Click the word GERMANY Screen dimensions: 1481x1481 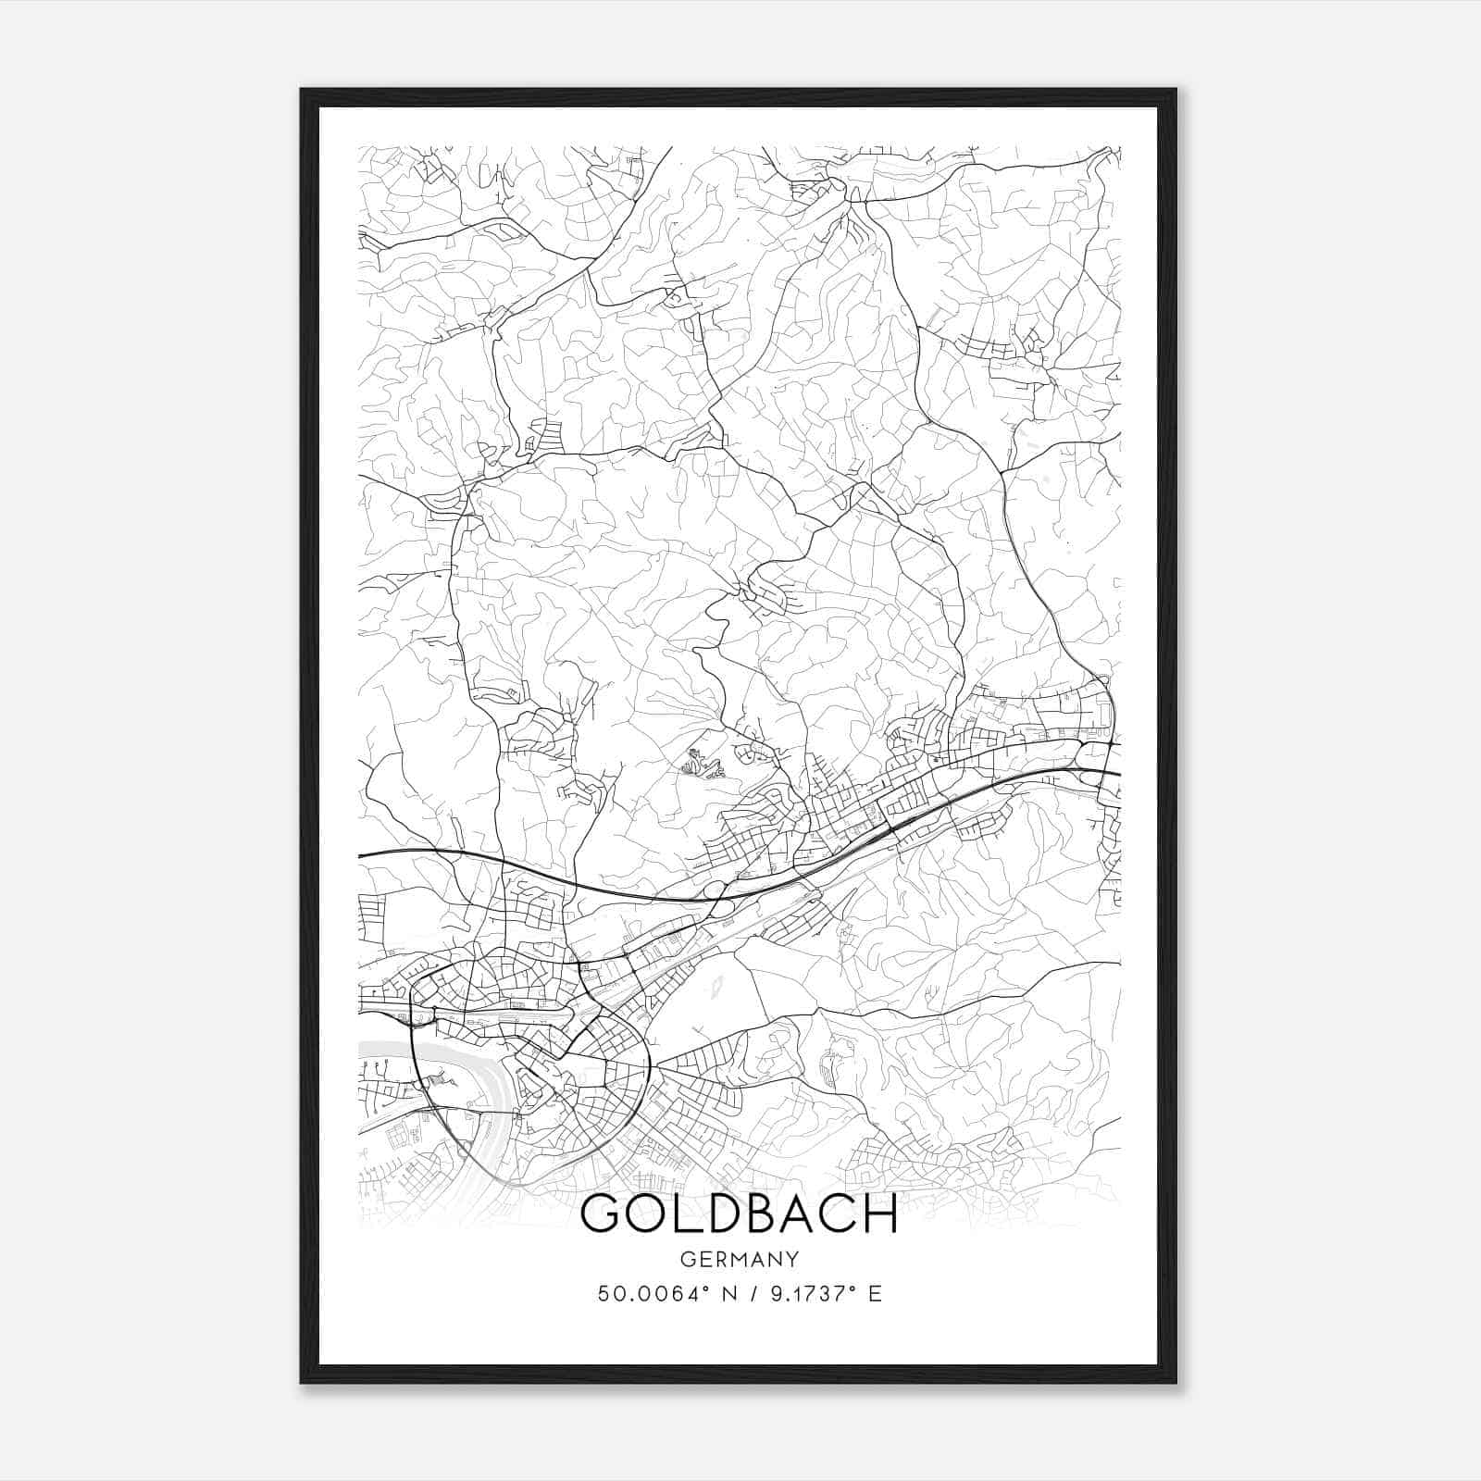click(740, 1260)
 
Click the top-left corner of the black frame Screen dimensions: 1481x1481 click(302, 90)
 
